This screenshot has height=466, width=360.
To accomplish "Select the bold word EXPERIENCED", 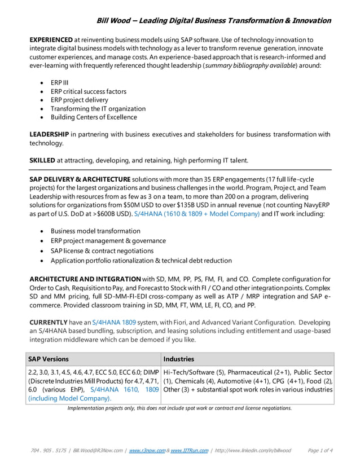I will (x=51, y=39).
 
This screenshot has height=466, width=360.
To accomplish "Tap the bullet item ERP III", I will (x=59, y=82).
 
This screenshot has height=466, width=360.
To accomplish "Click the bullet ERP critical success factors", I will (x=88, y=91).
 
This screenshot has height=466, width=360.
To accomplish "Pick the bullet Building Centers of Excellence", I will (x=94, y=117).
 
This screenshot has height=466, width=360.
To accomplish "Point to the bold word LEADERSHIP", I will (x=49, y=134).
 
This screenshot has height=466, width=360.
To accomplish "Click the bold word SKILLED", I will (x=42, y=160).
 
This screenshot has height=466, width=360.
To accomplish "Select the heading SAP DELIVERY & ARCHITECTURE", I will (x=80, y=179).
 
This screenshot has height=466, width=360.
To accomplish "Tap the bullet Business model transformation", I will (x=95, y=231).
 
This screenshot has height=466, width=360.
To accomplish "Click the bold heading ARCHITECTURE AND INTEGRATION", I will (x=85, y=279).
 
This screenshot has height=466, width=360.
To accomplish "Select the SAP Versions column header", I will (x=49, y=359).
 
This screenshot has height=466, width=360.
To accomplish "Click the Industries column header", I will (x=178, y=359).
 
